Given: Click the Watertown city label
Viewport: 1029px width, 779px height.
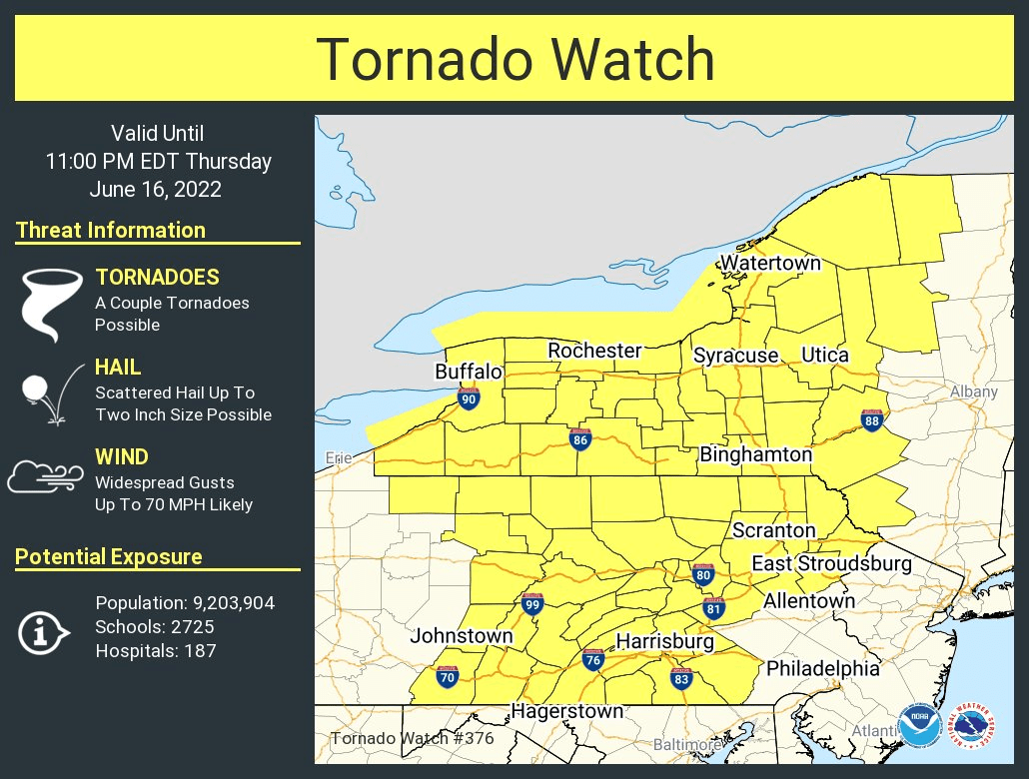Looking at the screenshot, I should pos(770,263).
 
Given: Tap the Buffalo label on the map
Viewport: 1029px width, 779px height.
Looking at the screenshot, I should pos(468,372).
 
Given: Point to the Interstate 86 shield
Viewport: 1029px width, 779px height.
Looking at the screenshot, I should pos(579,438).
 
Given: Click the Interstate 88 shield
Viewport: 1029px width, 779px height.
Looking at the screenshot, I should pos(872,420).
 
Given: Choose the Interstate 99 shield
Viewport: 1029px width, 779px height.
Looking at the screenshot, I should pos(532,603).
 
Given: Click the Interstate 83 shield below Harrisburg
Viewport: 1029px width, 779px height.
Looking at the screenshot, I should pos(682,678).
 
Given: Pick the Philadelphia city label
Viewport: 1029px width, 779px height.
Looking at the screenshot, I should pos(822,668).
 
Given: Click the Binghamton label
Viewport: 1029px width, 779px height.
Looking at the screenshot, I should pos(755,454).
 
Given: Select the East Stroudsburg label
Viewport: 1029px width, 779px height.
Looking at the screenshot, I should pos(831,564).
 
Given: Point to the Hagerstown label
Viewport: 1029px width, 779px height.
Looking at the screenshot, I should pos(566,711).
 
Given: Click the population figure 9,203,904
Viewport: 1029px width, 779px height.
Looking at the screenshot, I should pos(185,603).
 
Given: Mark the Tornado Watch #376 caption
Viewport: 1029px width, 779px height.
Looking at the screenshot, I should pos(412,739).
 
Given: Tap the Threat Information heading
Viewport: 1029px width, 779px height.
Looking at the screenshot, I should pos(111,230).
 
